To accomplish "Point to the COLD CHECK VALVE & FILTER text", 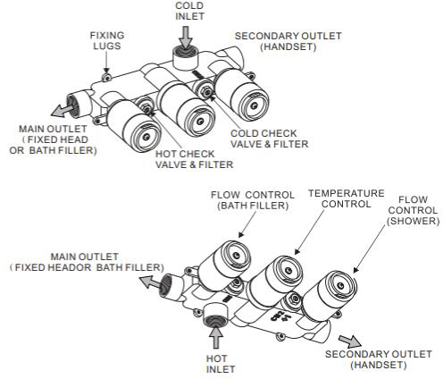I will coord(268,139).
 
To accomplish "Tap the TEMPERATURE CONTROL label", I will coord(345,198).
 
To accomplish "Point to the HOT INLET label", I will coord(216,362).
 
